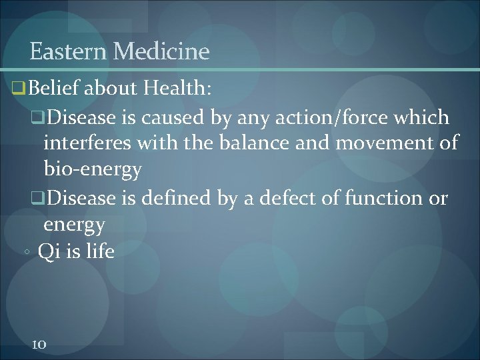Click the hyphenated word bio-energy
93,168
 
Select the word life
100,252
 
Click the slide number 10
39,344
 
